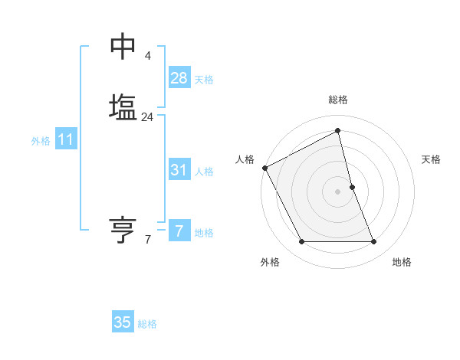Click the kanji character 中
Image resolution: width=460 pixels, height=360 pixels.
coord(123,47)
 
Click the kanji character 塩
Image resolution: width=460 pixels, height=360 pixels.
coord(123,106)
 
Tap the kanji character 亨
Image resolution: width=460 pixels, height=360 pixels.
coord(123,230)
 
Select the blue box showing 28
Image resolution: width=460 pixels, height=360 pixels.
coord(179,78)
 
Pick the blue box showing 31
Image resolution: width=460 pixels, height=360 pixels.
coord(179,170)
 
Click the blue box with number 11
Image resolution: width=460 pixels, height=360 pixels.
coord(66,140)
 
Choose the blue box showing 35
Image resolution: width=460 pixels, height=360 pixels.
coord(123,322)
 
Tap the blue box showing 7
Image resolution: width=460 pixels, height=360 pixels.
coord(179,231)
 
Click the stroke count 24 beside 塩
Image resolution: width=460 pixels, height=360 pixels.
coord(147,117)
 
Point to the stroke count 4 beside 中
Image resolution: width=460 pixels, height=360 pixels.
coord(147,56)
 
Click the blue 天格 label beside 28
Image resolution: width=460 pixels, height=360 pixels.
coord(204,80)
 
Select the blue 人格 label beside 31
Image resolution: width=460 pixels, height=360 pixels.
coord(204,172)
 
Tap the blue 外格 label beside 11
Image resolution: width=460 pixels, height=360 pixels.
coord(41,141)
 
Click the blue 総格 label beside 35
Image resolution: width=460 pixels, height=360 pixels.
coord(147,324)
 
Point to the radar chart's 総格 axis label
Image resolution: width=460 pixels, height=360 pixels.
coord(338,100)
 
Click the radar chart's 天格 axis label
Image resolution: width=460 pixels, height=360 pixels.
coord(432,159)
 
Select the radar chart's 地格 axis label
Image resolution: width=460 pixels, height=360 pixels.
coord(402,262)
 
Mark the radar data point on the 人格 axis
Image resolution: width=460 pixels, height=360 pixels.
coord(264,168)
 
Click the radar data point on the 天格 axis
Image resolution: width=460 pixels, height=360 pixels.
coord(352,187)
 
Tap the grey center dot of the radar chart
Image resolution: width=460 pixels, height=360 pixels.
coord(338,191)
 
